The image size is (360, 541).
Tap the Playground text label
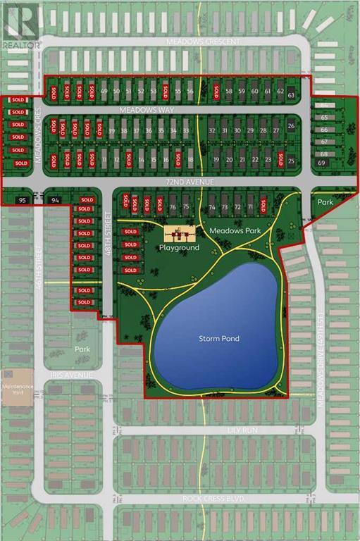click(x=179, y=248)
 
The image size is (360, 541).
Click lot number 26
click(x=292, y=126)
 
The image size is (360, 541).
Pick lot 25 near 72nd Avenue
click(x=292, y=161)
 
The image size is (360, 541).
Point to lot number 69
click(x=322, y=163)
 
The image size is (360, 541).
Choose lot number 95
click(x=23, y=201)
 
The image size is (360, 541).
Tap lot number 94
click(x=56, y=201)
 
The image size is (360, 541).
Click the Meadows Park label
click(x=230, y=230)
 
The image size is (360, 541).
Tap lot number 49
click(x=104, y=92)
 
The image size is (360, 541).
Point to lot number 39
click(x=111, y=131)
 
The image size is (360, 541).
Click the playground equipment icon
click(x=179, y=235)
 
